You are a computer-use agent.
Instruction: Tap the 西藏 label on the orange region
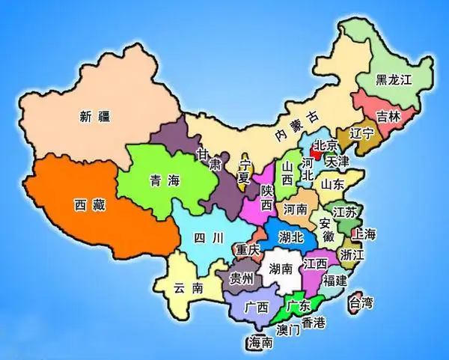coord(89,204)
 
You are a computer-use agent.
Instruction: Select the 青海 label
coord(165,180)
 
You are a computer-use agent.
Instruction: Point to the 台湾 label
coord(360,303)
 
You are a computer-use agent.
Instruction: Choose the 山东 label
coord(332,183)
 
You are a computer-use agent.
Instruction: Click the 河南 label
coord(296,210)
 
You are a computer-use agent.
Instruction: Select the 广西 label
coord(257,308)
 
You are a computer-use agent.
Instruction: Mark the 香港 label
coord(312,323)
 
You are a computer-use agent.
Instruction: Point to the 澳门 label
coord(288,330)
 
